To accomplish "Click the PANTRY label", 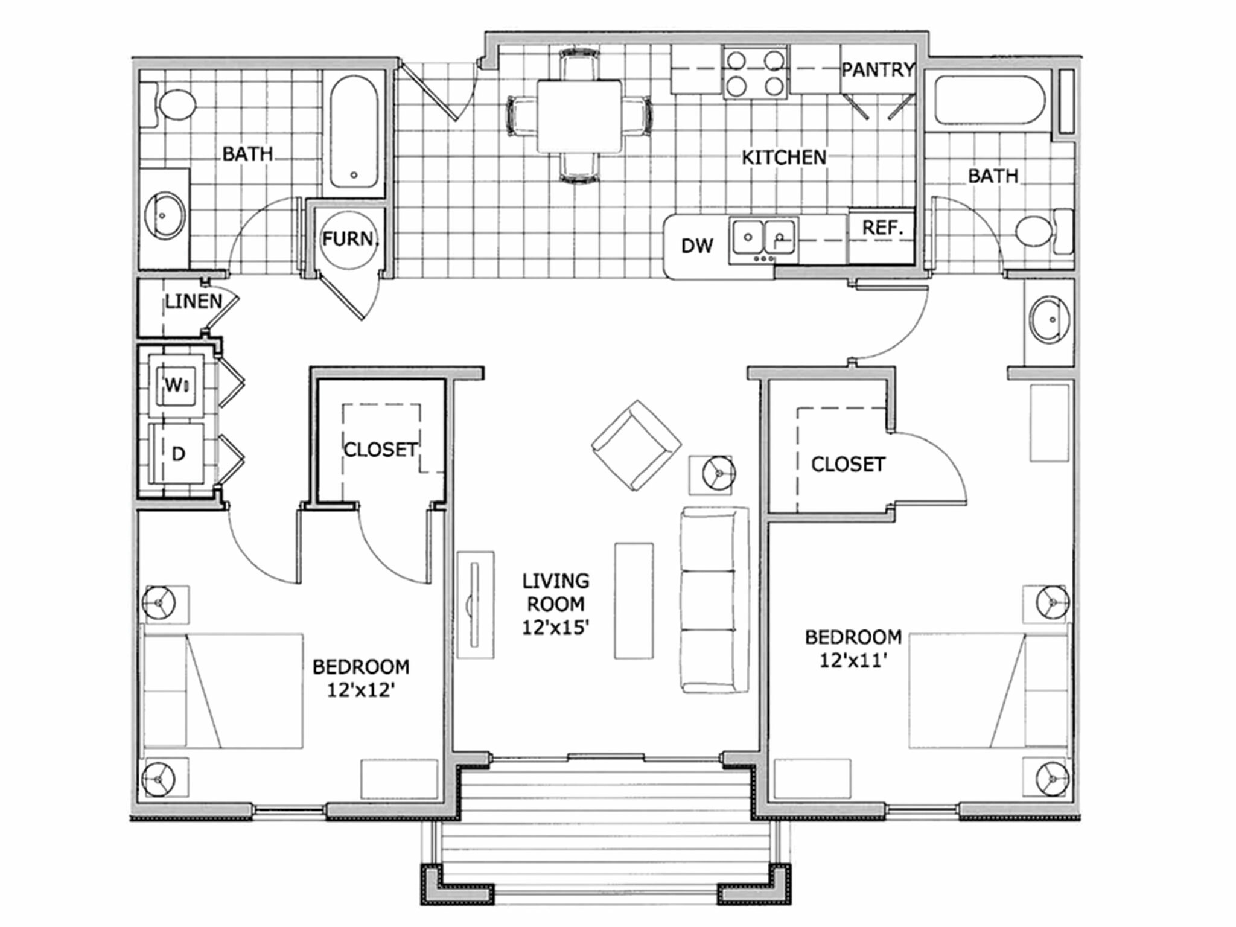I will [878, 70].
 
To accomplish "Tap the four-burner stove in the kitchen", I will [755, 74].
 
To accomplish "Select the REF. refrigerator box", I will [882, 228].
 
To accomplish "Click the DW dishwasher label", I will [697, 246].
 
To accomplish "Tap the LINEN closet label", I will [193, 301].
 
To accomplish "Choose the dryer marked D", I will [177, 454].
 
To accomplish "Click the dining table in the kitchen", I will [579, 116].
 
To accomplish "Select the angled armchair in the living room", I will [636, 445].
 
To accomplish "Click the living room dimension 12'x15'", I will [555, 628].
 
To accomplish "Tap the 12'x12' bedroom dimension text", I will [361, 690].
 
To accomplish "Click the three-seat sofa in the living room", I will [715, 600].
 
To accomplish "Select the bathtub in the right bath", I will [989, 101].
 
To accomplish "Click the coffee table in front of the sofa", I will [633, 600].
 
